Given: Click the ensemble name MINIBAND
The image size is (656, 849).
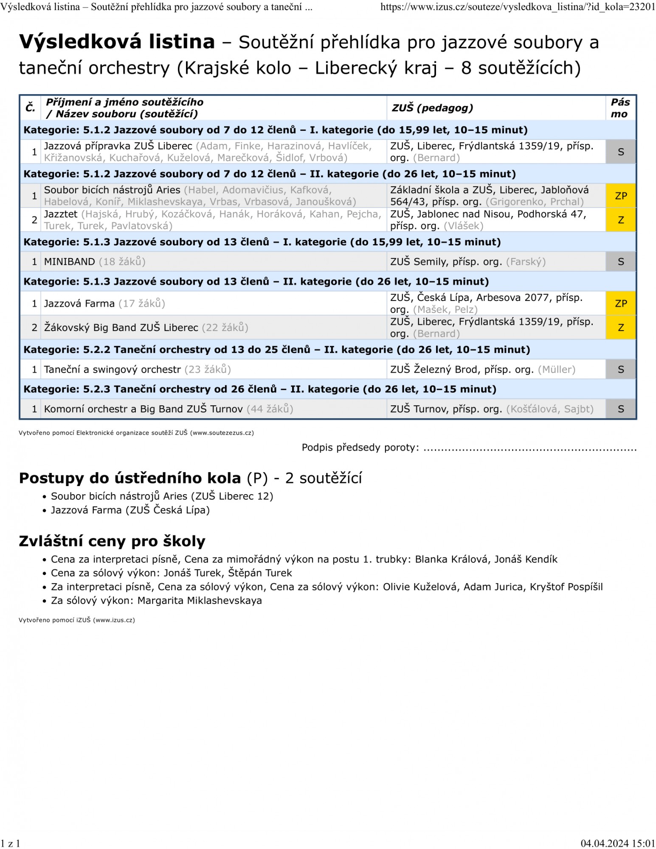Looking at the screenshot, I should (x=70, y=262).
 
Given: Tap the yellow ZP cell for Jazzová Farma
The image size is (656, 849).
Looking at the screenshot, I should (x=621, y=304).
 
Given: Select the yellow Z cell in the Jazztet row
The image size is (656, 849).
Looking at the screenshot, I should (x=621, y=220).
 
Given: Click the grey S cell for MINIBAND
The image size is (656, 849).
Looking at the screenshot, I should (x=621, y=262).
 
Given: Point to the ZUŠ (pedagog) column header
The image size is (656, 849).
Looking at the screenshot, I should (x=432, y=108).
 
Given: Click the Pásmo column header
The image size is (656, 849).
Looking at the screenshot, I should (x=620, y=108).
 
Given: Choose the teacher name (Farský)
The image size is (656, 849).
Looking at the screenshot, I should (x=526, y=262).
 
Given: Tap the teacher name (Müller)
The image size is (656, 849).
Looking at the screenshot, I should (x=557, y=370).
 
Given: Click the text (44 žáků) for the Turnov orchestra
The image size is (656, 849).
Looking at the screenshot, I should (x=270, y=409).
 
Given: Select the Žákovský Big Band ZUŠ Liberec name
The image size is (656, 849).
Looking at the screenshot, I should (x=121, y=328).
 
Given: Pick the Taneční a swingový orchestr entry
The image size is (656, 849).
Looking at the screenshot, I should (x=113, y=370).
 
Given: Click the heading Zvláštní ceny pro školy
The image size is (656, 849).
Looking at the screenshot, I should (x=112, y=541).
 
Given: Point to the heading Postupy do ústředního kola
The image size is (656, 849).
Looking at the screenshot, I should (x=130, y=478).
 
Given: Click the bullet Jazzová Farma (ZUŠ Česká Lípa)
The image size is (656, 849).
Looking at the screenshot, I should (x=130, y=510).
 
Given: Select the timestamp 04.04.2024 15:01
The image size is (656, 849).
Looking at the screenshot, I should (x=618, y=843).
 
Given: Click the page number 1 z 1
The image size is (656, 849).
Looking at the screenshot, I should (x=10, y=843).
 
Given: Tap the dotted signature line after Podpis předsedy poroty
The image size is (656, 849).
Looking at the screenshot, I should (x=530, y=448).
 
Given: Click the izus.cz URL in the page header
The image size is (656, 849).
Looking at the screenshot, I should (x=518, y=7).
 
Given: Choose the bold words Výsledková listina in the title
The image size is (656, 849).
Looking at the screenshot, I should (x=117, y=42).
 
